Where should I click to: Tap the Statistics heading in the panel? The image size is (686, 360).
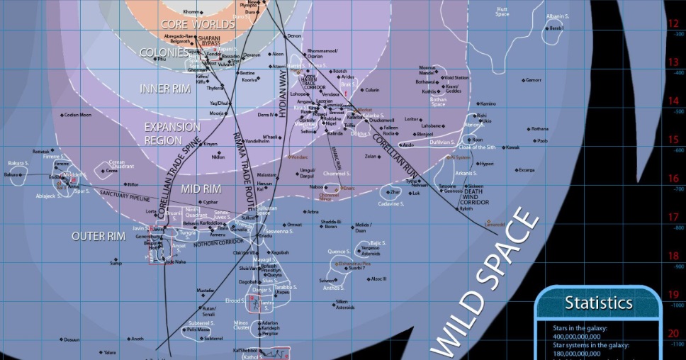click(598, 303)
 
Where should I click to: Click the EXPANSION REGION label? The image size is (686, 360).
click(172, 133)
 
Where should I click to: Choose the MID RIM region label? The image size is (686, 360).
click(201, 189)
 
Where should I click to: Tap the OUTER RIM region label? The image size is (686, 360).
click(98, 236)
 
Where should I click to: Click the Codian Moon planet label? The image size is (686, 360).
click(77, 115)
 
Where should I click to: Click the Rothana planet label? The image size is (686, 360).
click(539, 129)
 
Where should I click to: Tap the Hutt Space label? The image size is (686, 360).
click(502, 11)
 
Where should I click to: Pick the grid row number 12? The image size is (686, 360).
click(673, 23)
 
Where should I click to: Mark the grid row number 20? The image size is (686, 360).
click(673, 333)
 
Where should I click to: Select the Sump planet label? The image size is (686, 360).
click(116, 263)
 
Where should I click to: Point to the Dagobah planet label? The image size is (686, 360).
click(248, 282)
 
